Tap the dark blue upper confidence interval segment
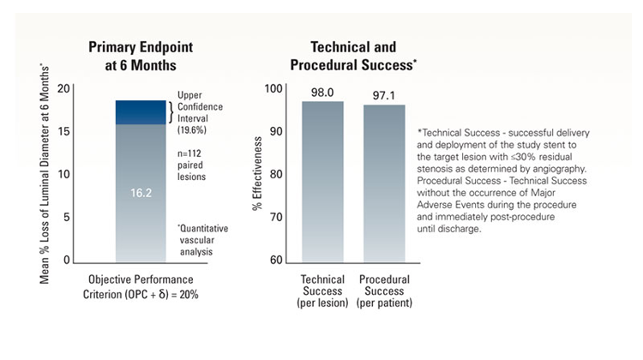[x=141, y=112]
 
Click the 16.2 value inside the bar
[x=141, y=194]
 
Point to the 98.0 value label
[x=321, y=90]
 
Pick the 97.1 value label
[x=384, y=93]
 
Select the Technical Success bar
[x=321, y=180]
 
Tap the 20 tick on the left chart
[x=62, y=88]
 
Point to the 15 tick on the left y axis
[x=62, y=131]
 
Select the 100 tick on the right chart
[x=273, y=88]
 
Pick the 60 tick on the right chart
[x=275, y=260]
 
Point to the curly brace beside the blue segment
[x=171, y=112]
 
